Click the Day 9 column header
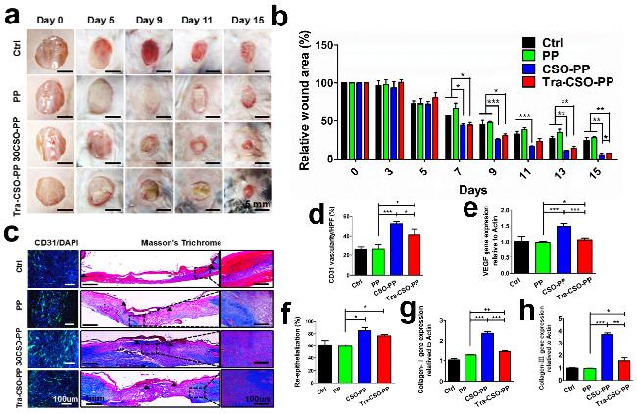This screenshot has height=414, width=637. pyautogui.click(x=149, y=20)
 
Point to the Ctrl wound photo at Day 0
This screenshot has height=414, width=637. pyautogui.click(x=52, y=50)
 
